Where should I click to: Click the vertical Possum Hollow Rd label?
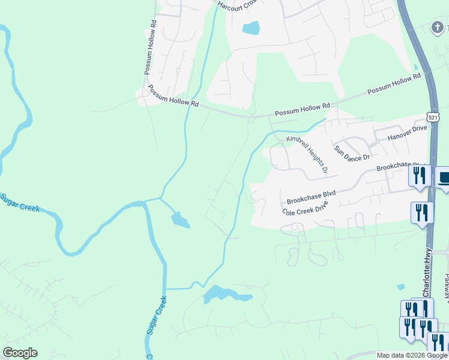pos(150,47)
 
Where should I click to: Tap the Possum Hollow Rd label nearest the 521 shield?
pos(394,85)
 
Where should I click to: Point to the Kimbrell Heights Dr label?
pos(306,154)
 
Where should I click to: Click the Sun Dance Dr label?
pos(352,154)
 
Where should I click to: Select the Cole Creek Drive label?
pos(306,208)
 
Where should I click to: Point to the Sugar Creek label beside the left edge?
pos(20,202)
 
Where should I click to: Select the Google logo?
pos(20,353)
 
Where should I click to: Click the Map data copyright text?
pos(411,355)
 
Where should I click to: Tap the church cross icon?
pos(439,27)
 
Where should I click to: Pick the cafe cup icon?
pos(444,178)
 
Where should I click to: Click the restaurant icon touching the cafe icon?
pos(420,175)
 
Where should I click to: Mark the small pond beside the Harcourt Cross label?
pos(251,28)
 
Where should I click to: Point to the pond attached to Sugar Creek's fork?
pos(180,220)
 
